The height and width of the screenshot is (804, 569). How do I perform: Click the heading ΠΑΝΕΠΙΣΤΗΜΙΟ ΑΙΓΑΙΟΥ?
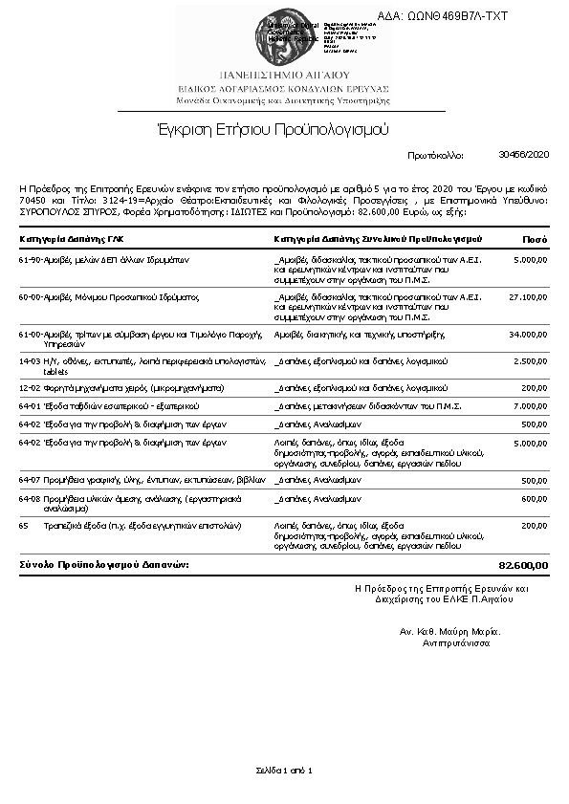(x=284, y=74)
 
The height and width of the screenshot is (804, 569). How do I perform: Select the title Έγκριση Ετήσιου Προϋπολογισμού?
(x=274, y=129)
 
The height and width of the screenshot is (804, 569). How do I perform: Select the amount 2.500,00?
(x=531, y=361)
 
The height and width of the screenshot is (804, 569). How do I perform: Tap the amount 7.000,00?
(x=531, y=406)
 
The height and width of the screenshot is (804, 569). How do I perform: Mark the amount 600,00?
(x=535, y=498)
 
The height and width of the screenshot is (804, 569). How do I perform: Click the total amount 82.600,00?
(x=524, y=565)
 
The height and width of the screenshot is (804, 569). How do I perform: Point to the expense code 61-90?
(x=30, y=259)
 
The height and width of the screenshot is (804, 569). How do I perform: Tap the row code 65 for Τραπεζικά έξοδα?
(x=24, y=526)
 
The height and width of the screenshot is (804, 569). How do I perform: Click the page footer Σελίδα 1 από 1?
(x=284, y=770)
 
